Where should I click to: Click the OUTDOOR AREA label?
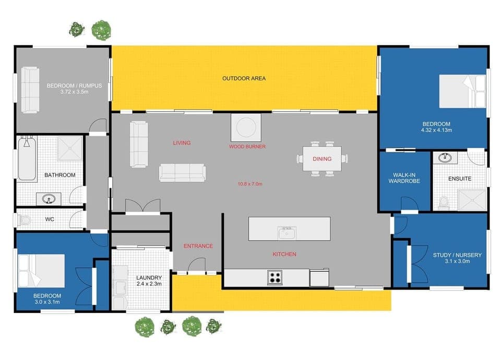click(244, 78)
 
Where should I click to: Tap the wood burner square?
click(246, 127)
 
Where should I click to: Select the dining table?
click(322, 159)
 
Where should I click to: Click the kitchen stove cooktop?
click(275, 277)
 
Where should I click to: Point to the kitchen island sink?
click(287, 233)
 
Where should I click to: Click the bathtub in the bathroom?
click(27, 159)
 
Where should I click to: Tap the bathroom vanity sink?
click(49, 199)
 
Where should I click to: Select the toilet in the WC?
click(24, 220)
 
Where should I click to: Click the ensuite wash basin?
click(445, 158)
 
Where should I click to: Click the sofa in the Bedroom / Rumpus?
click(30, 90)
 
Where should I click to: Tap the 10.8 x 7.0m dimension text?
click(250, 184)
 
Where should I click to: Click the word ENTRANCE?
click(198, 246)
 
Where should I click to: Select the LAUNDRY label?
click(149, 278)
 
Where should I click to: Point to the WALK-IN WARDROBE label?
click(404, 178)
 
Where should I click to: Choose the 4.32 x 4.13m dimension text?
click(436, 130)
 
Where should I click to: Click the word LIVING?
click(182, 143)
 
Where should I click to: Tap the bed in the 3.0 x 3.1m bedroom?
click(42, 271)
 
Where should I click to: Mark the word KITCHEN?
click(284, 254)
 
